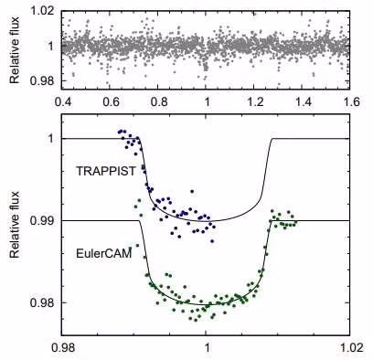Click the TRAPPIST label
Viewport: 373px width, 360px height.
pyautogui.click(x=105, y=171)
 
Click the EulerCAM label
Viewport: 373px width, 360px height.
pyautogui.click(x=104, y=253)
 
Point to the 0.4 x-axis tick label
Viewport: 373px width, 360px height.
pyautogui.click(x=63, y=101)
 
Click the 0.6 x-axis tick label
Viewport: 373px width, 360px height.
pyautogui.click(x=111, y=101)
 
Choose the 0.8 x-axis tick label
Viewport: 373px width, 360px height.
pyautogui.click(x=158, y=101)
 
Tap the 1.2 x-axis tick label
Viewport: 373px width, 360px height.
pyautogui.click(x=255, y=101)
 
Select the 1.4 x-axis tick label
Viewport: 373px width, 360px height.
pyautogui.click(x=303, y=101)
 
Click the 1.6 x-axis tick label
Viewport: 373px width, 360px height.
pyautogui.click(x=350, y=101)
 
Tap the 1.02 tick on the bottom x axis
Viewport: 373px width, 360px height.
pyautogui.click(x=351, y=347)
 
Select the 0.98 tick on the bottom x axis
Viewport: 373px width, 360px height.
pyautogui.click(x=65, y=347)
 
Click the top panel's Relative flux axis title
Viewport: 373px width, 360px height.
pyautogui.click(x=15, y=50)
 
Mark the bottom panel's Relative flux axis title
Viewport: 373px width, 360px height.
pyautogui.click(x=15, y=225)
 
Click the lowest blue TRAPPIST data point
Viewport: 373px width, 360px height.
pyautogui.click(x=212, y=241)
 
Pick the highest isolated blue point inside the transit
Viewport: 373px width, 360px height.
pyautogui.click(x=192, y=191)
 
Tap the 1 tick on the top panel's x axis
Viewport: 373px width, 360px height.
pyautogui.click(x=208, y=101)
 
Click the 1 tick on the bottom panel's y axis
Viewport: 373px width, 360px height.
pyautogui.click(x=52, y=139)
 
